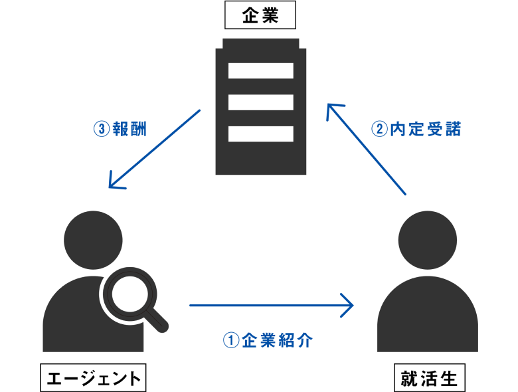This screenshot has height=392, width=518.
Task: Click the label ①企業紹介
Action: [268, 341]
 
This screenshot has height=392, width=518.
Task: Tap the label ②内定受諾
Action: [416, 129]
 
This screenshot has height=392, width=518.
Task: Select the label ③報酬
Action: [120, 128]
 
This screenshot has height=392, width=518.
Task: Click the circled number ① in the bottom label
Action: [230, 341]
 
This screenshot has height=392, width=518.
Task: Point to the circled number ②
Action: [379, 129]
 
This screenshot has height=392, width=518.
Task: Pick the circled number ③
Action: [101, 128]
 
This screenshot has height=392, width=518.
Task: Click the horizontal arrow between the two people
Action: [266, 306]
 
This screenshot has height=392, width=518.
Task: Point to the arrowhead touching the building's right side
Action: [332, 111]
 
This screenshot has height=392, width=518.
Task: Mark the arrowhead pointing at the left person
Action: [116, 181]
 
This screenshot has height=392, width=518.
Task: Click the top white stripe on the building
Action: [261, 70]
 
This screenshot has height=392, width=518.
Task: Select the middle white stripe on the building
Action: [261, 102]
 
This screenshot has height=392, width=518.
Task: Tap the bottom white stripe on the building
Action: [261, 134]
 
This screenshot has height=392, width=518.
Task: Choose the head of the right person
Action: [427, 239]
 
